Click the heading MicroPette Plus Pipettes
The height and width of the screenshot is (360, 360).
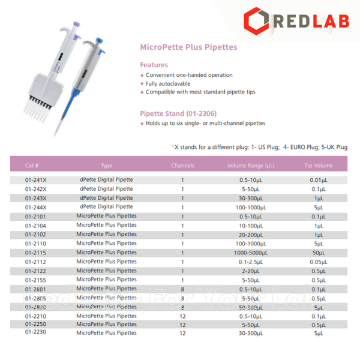click(188, 46)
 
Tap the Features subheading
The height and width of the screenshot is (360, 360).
click(154, 65)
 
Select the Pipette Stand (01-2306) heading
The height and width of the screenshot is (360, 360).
click(178, 113)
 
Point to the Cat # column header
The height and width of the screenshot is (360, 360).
click(32, 165)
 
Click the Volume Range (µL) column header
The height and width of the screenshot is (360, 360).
click(250, 165)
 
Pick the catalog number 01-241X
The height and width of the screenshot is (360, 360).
click(35, 179)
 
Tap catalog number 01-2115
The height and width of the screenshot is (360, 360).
click(35, 253)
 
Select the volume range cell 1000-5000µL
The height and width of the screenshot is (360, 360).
click(251, 253)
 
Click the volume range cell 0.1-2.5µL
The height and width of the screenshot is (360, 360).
click(251, 262)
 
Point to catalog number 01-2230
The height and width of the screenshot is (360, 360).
click(35, 333)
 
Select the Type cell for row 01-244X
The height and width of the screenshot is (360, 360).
click(106, 207)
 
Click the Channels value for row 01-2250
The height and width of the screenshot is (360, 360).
click(183, 325)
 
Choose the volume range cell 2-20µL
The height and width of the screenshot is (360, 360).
click(251, 271)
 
